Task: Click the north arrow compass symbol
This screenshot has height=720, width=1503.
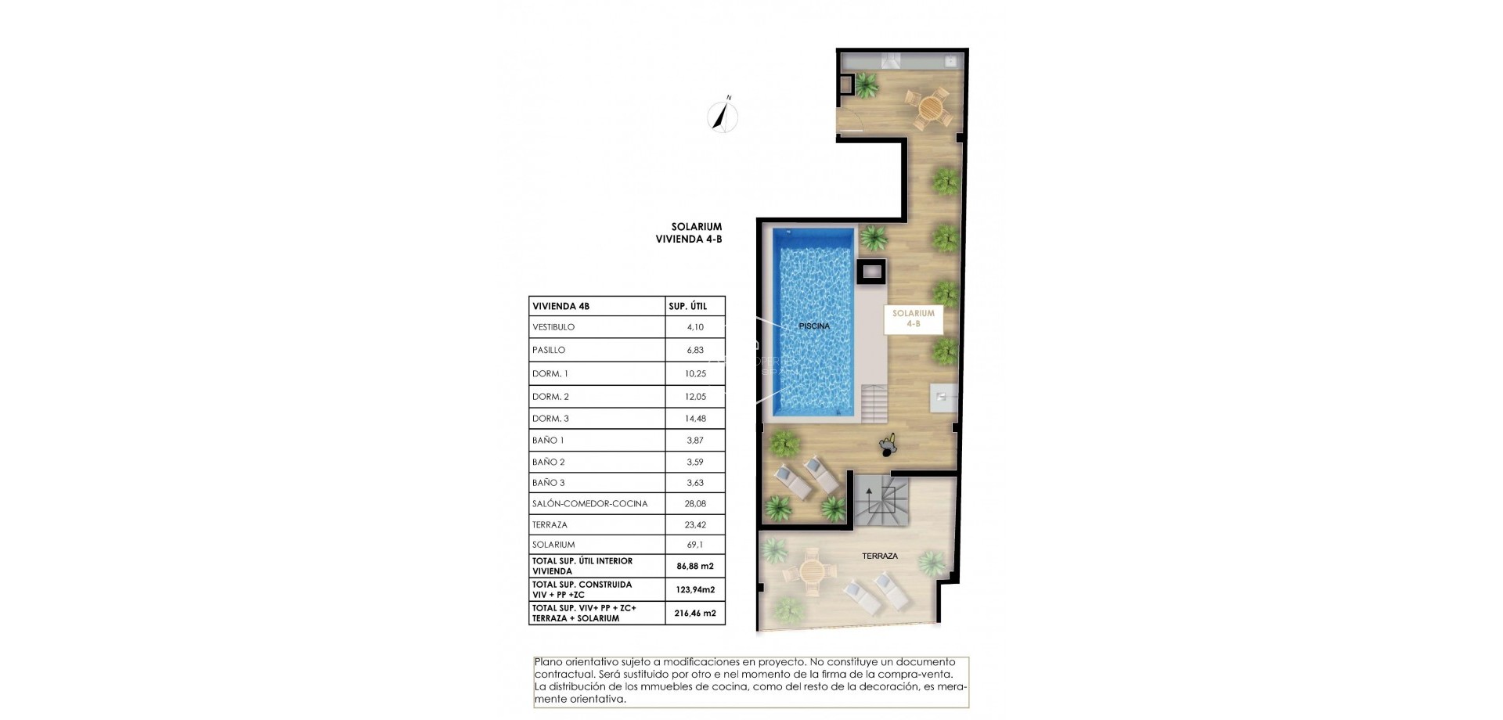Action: tap(723, 117)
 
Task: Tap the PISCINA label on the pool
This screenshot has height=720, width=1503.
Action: tap(814, 326)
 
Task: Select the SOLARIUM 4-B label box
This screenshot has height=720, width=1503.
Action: tap(914, 319)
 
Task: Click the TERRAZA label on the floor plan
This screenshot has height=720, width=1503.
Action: tap(880, 556)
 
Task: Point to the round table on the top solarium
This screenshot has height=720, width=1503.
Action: tap(929, 107)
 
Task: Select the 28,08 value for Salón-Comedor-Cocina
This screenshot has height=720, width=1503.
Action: tap(695, 504)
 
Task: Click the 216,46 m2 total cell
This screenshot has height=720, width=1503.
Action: tap(695, 614)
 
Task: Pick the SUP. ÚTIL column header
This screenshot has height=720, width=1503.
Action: tap(687, 307)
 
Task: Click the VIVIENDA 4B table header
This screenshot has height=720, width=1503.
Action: tap(560, 307)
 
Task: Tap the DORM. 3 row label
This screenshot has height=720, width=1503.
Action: tap(550, 419)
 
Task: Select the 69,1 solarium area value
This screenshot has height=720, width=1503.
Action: tap(695, 545)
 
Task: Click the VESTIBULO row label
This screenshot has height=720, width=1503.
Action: tap(553, 327)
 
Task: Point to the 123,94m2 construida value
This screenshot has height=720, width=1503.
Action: tap(695, 590)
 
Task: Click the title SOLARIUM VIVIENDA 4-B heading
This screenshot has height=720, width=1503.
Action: tap(689, 233)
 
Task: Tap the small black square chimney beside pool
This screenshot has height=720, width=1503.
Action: tap(871, 272)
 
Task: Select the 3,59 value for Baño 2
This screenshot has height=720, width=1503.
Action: tap(695, 463)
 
